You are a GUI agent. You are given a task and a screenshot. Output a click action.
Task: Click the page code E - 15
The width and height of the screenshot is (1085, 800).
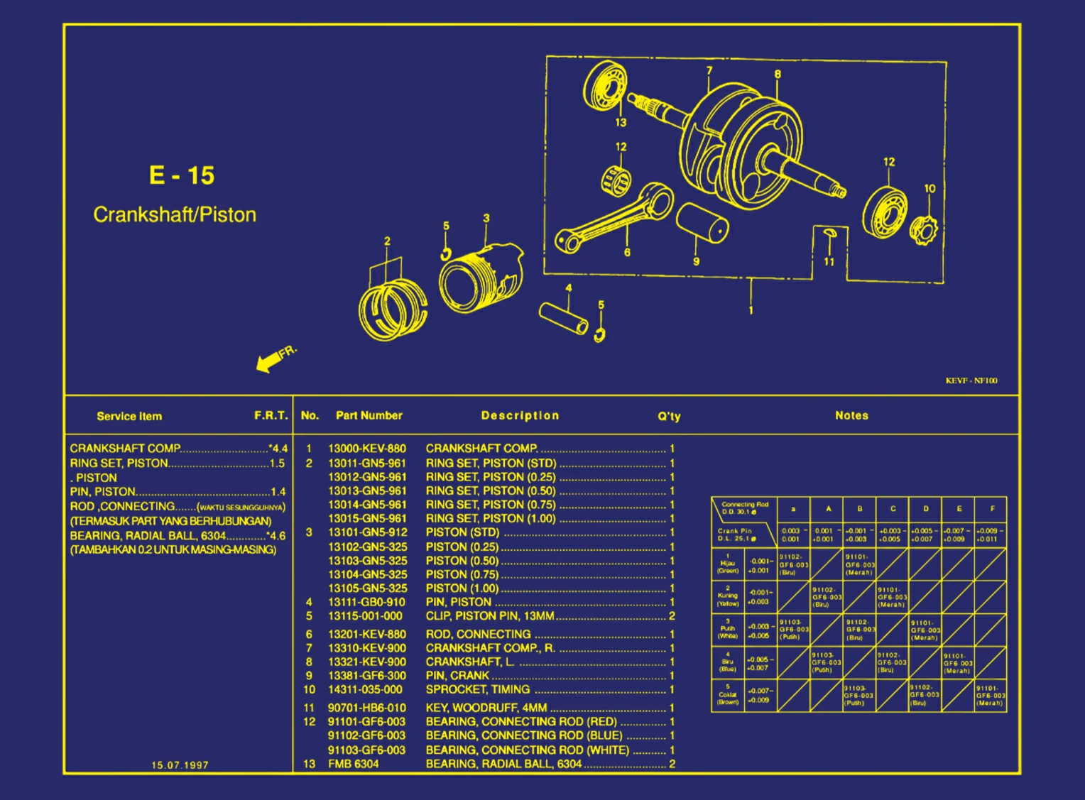coord(182,175)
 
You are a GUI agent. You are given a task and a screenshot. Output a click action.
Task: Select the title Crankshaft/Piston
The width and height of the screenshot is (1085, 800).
coord(175,214)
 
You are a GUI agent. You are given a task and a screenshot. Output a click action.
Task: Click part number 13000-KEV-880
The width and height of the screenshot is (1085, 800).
coord(367,449)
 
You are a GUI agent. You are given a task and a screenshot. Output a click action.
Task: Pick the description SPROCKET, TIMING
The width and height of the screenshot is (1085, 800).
coord(478,689)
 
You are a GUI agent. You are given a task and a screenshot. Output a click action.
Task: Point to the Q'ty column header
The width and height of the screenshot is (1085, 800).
coord(669,416)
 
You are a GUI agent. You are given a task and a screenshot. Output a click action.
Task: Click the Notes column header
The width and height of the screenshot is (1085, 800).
coord(851,416)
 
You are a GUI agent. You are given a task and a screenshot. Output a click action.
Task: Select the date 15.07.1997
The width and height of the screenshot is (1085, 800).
coord(180,765)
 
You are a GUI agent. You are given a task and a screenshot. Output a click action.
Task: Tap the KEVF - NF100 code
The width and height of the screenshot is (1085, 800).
coord(971,380)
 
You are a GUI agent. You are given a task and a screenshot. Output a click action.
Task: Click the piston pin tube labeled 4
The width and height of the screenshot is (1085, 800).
coord(564,318)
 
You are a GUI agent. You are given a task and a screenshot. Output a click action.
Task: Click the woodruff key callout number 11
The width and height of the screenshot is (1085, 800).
coord(829,261)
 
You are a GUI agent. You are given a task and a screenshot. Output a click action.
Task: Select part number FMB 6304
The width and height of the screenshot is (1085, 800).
coord(354,764)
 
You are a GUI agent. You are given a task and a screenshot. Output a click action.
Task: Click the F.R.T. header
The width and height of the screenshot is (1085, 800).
coord(271,415)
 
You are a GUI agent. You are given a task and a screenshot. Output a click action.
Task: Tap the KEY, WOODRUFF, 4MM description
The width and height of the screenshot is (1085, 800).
coord(486,708)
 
